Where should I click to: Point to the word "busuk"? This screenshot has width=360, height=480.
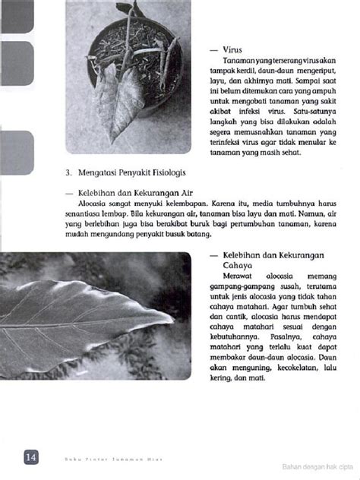(x=170, y=235)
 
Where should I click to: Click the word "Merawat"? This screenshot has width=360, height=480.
(x=238, y=277)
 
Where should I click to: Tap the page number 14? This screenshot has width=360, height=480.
(x=31, y=456)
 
